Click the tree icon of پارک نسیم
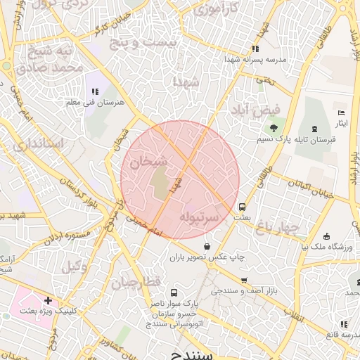(273, 128)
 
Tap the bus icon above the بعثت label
(243, 207)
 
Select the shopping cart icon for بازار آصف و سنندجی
(243, 280)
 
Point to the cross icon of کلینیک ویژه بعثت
(48, 300)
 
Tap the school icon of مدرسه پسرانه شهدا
(255, 49)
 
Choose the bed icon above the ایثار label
(341, 112)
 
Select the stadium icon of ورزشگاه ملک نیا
(327, 236)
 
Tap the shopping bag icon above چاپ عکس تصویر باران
(207, 246)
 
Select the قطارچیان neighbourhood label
(135, 282)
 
